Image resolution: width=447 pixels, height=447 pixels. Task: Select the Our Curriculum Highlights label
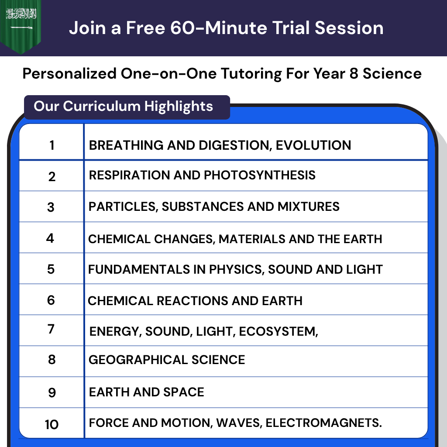[x=124, y=106]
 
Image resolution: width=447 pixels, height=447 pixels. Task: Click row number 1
[x=52, y=145]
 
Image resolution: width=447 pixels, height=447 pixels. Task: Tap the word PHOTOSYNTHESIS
[x=260, y=175]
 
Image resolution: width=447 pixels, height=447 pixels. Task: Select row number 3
[x=51, y=207]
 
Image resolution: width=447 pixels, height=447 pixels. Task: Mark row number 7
[x=51, y=329]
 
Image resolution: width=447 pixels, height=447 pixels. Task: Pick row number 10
[x=52, y=424]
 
